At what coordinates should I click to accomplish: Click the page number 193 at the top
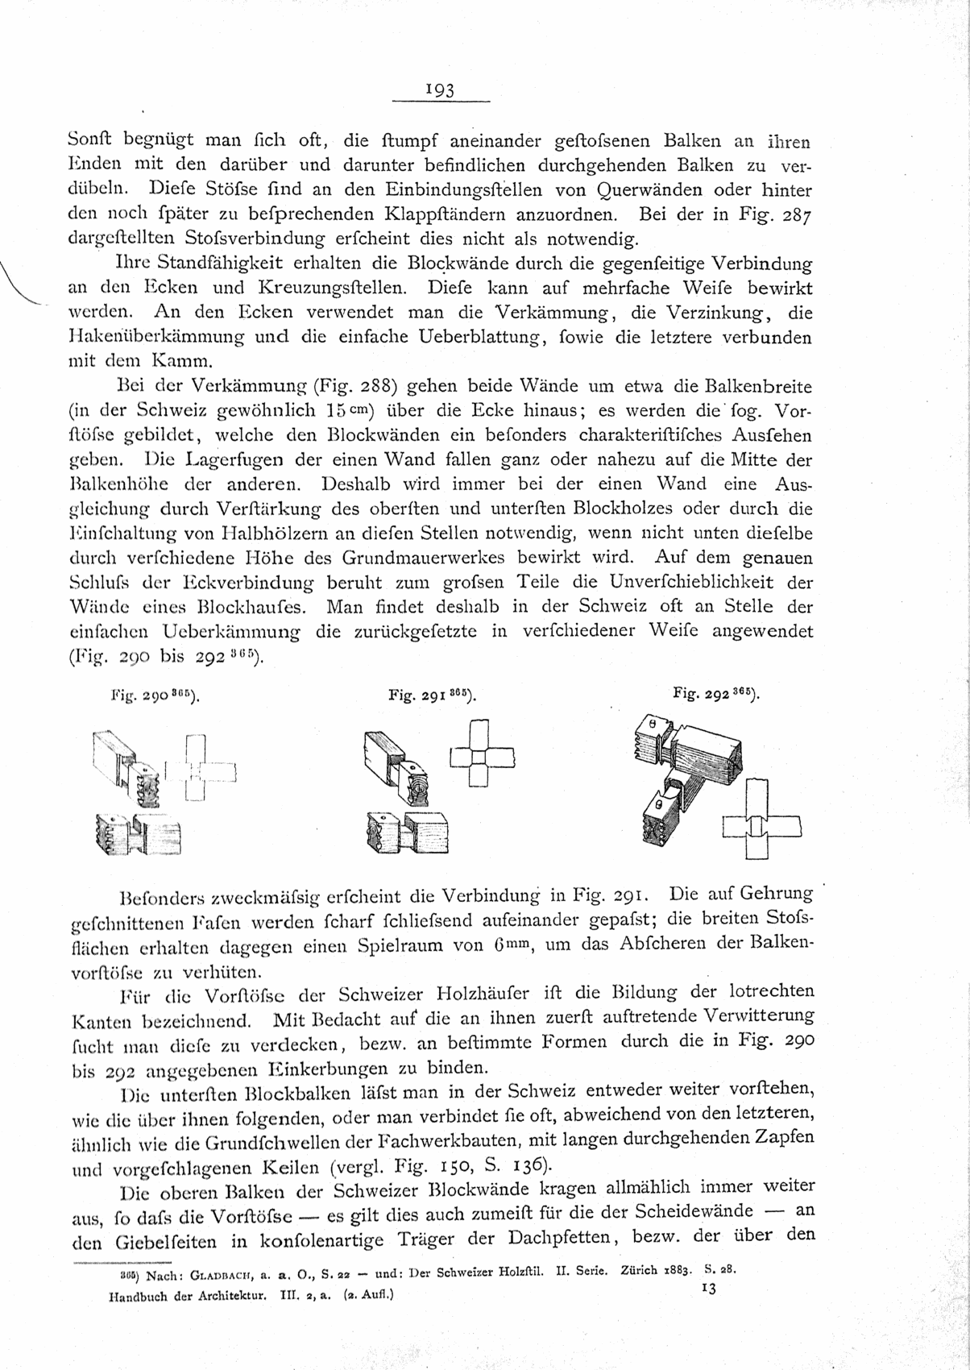point(441,90)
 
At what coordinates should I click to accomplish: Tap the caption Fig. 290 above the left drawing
point(154,694)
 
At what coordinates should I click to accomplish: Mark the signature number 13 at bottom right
point(709,1289)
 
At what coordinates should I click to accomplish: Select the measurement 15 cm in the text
point(346,409)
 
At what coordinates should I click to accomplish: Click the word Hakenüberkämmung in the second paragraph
point(151,337)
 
